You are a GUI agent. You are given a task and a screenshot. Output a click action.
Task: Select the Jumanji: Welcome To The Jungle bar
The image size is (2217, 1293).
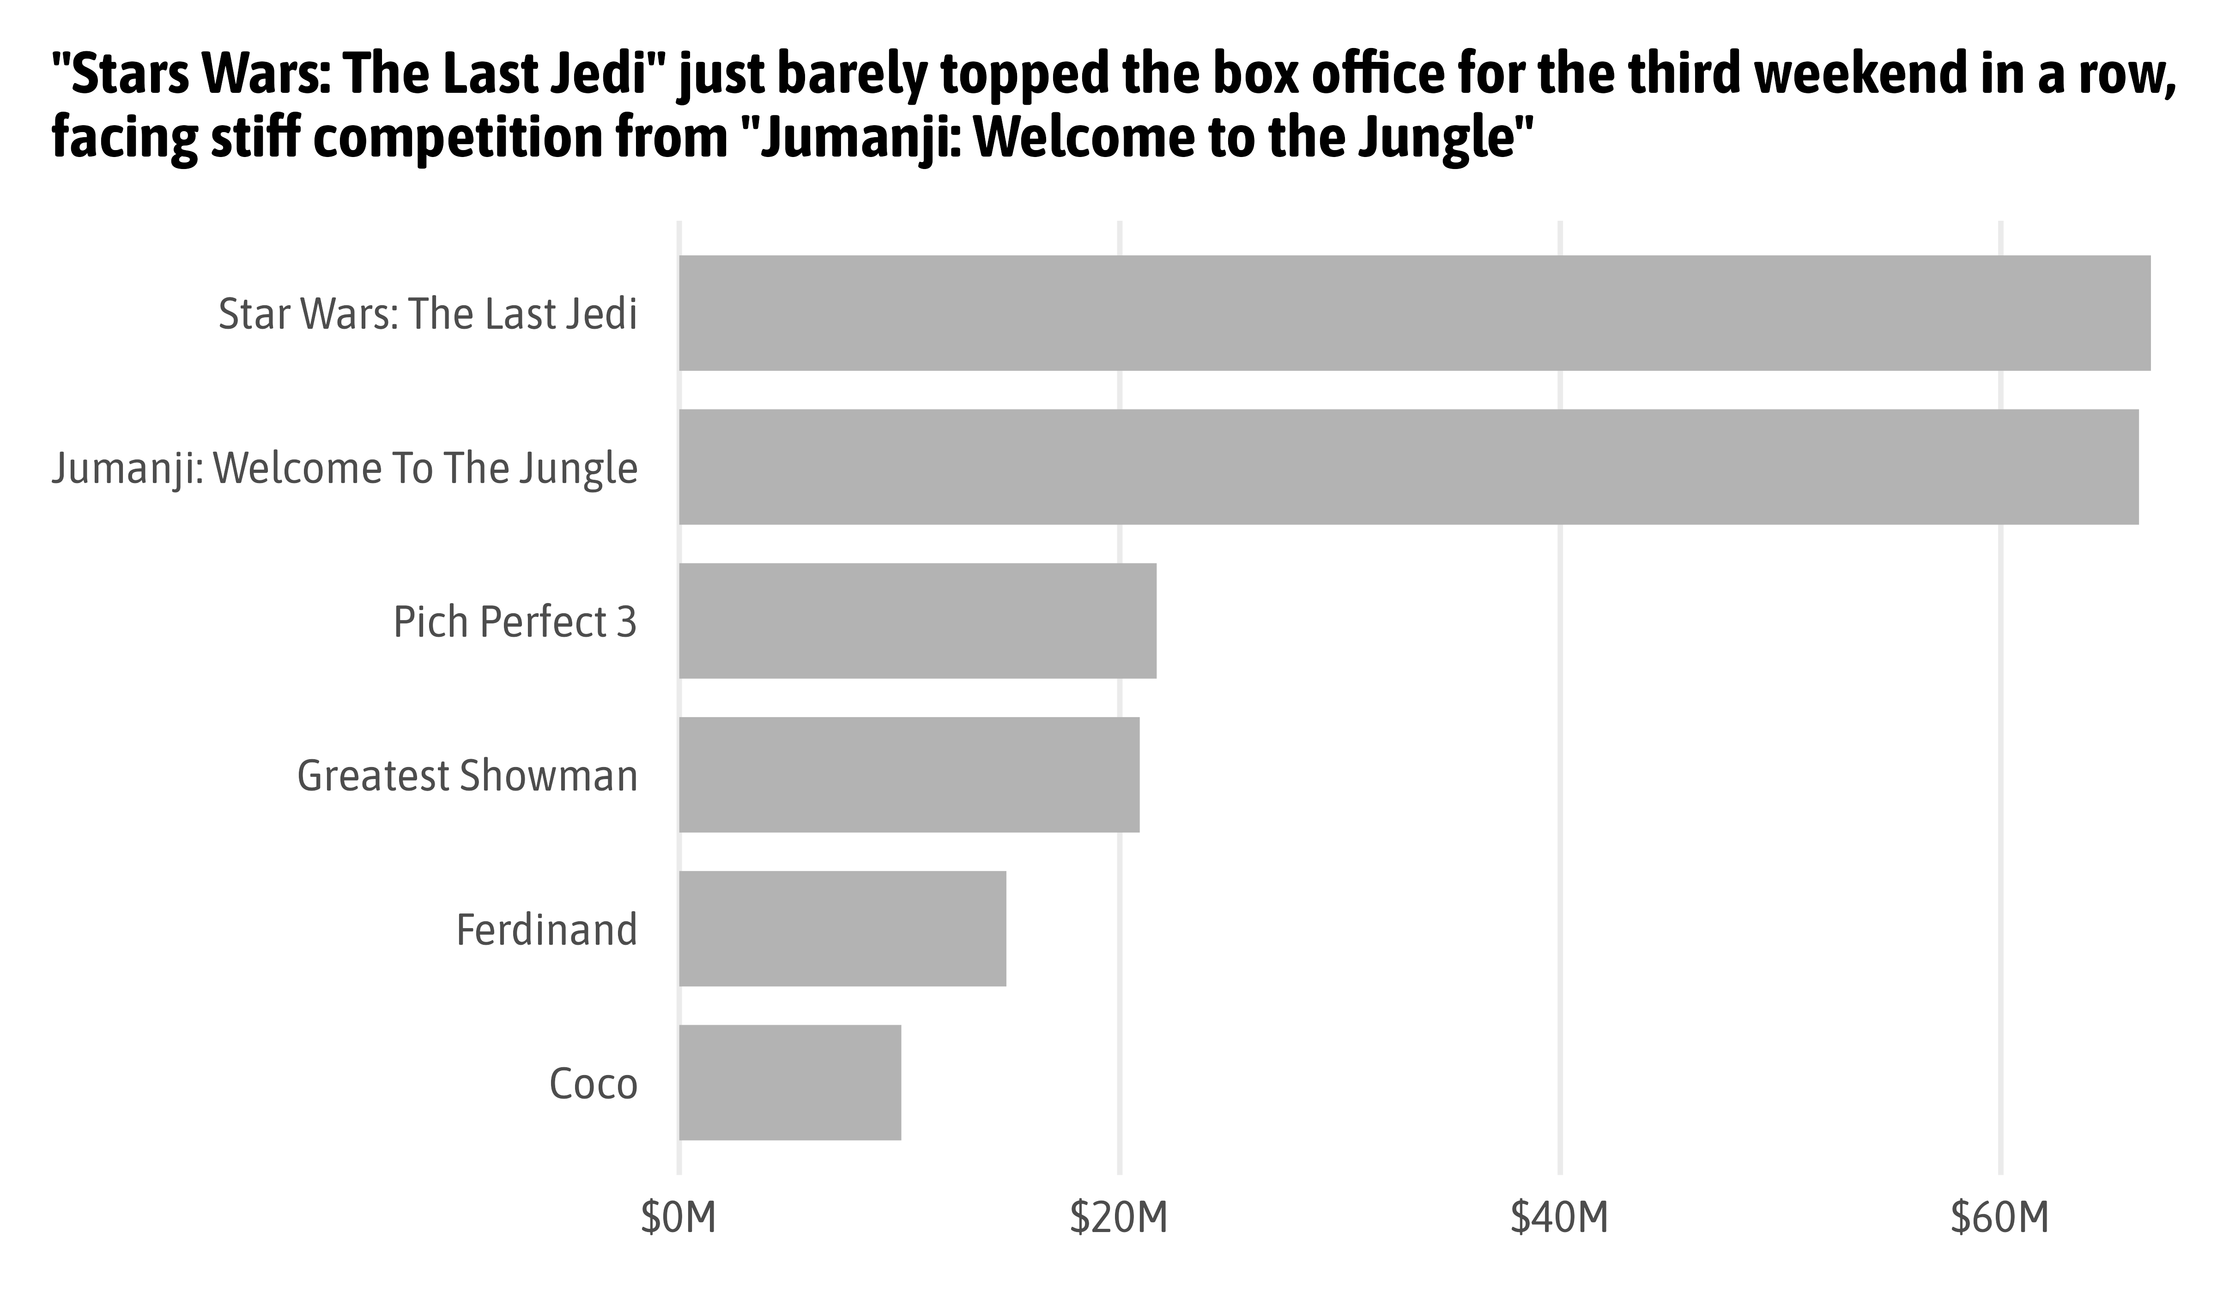pos(1408,467)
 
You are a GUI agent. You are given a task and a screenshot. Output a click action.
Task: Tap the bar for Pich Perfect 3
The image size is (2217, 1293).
pos(918,621)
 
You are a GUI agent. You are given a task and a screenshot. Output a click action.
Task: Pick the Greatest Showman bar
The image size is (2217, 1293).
pos(909,775)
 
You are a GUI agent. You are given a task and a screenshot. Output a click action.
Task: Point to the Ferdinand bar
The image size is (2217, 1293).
pos(842,929)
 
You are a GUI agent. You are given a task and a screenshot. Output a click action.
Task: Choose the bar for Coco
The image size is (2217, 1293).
pos(789,1083)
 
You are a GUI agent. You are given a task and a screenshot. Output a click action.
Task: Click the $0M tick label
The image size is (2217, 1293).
pos(678,1218)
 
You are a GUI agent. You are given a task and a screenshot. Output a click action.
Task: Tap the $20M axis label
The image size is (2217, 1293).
pos(1119,1218)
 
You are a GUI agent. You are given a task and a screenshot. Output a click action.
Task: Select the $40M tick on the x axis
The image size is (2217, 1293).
pos(1560,1218)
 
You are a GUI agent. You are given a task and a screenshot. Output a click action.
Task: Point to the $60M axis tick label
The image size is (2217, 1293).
pos(2000,1218)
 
